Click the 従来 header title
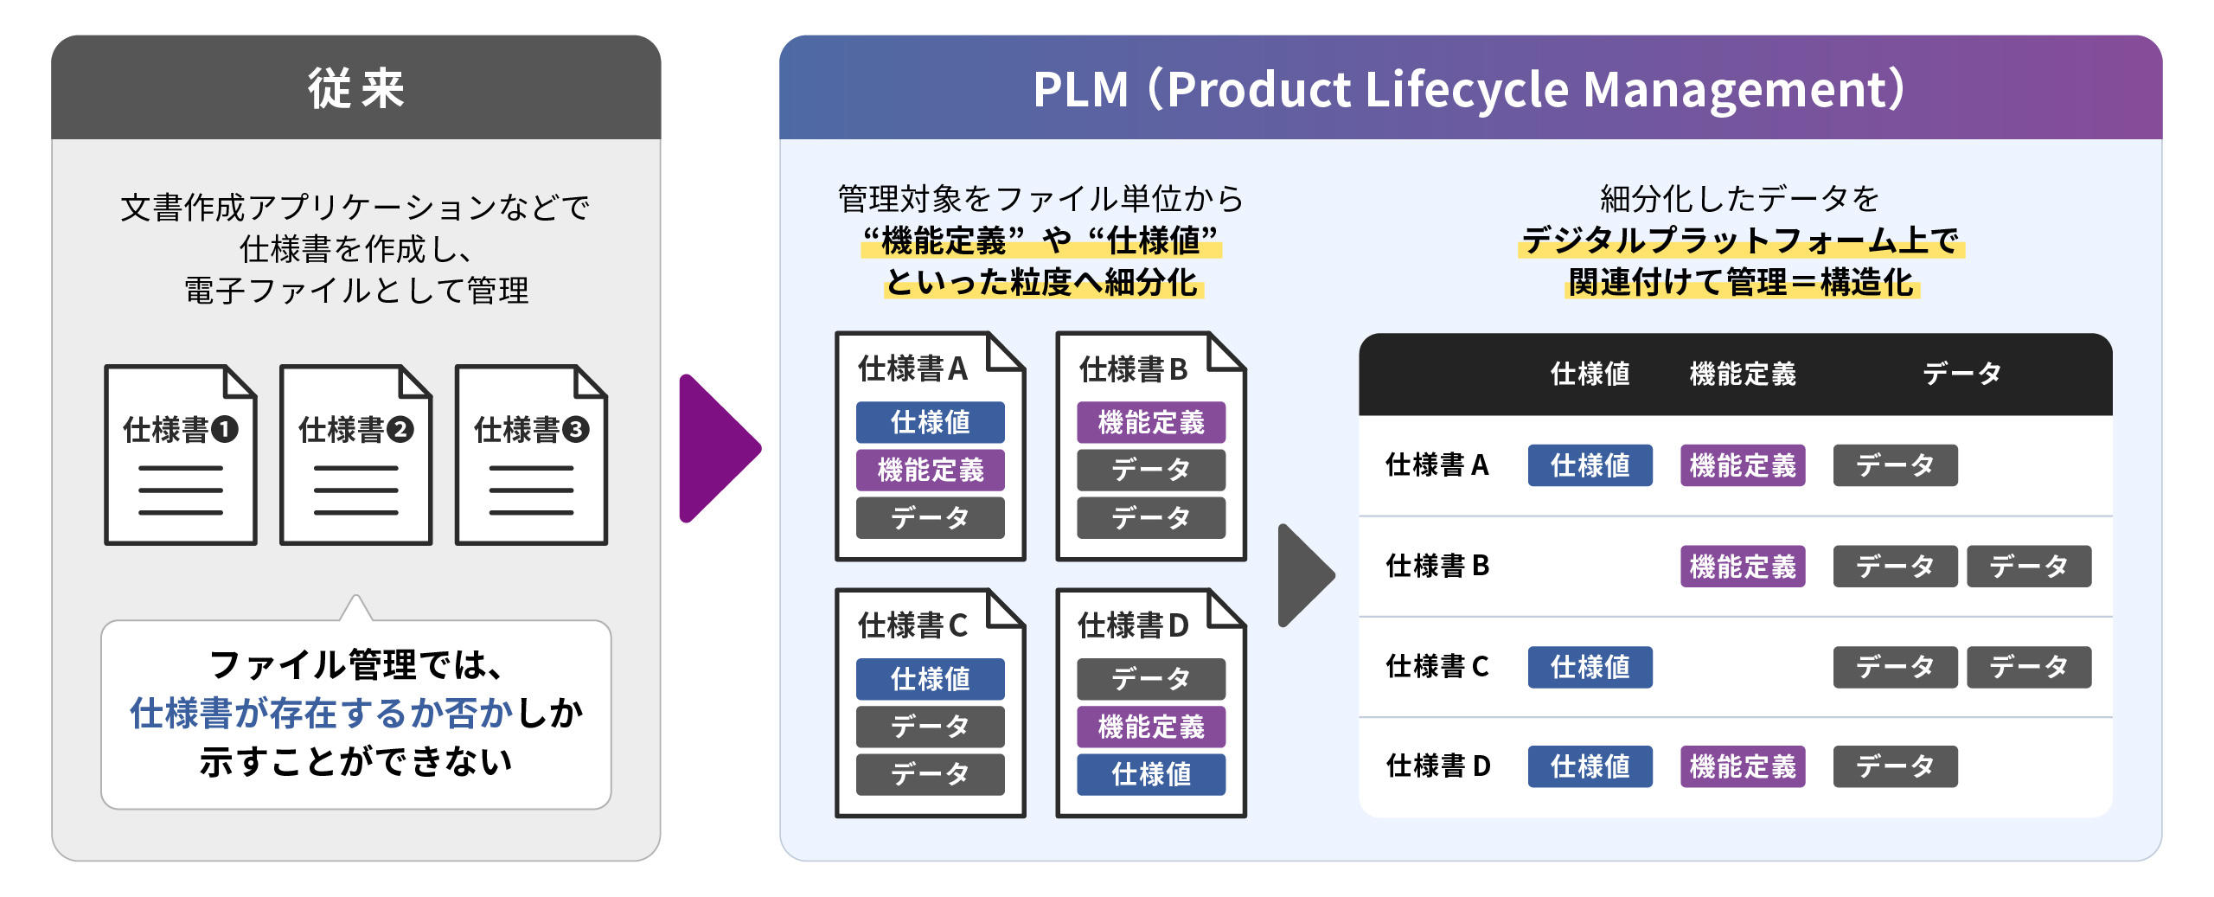coord(355,88)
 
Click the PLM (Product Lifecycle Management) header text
coord(1469,88)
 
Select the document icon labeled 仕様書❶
coord(181,455)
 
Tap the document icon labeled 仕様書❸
coord(531,455)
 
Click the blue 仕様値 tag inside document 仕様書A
coord(930,422)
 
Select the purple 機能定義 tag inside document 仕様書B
coord(1150,422)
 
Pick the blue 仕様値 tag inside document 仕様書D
coord(1150,774)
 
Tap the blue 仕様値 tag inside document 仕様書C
coord(930,679)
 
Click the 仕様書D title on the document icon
coord(1133,625)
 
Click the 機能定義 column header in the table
coord(1742,374)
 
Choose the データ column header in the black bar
coord(1961,374)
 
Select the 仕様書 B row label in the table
coord(1437,566)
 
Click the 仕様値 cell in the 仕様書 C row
coord(1590,667)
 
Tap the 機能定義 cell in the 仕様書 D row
coord(1742,766)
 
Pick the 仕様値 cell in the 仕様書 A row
coord(1590,465)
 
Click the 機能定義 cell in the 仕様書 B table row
coord(1742,567)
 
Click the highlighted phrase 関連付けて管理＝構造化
coord(1741,282)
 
